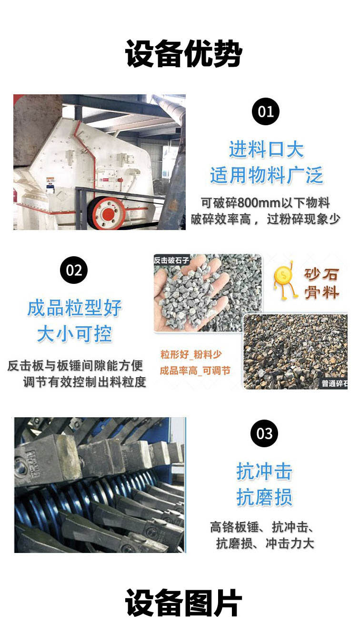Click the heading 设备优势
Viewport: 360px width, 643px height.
coord(183,54)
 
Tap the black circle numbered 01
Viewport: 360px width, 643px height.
coord(266,111)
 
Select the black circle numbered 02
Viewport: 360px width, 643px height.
coord(74,270)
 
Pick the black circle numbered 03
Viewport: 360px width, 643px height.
coord(264,433)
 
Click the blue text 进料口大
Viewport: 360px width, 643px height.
coord(266,150)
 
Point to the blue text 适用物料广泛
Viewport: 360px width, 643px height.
coord(266,175)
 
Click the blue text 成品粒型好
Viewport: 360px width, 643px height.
coord(74,308)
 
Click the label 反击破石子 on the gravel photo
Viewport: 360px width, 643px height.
coord(171,260)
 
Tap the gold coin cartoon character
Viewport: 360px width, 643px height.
coord(284,280)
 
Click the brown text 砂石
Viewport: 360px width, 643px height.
coord(321,275)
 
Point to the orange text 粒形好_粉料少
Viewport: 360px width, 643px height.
coord(191,354)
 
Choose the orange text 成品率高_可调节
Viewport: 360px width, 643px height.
coord(195,371)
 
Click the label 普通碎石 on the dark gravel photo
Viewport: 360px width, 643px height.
coord(334,384)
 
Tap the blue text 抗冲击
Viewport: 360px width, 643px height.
coord(264,472)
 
